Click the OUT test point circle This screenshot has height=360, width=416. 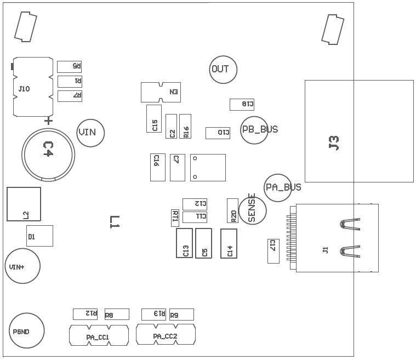(x=223, y=70)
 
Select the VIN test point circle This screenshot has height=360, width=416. (x=90, y=133)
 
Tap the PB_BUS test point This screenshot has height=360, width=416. (x=255, y=130)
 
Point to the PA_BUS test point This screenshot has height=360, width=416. (x=278, y=187)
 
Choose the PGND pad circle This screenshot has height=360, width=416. (x=26, y=331)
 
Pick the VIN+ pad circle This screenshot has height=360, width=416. (x=22, y=266)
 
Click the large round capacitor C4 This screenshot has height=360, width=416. (x=48, y=152)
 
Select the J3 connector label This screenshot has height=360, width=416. (x=334, y=143)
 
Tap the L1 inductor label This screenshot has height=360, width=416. (x=115, y=221)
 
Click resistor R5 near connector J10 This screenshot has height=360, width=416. (x=69, y=67)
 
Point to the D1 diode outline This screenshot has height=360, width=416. (x=39, y=236)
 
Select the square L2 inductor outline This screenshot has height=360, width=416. (x=24, y=204)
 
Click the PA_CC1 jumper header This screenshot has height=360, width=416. (x=99, y=335)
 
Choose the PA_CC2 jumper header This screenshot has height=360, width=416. (x=166, y=334)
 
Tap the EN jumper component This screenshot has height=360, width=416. (x=161, y=92)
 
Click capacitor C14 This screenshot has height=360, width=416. (x=229, y=243)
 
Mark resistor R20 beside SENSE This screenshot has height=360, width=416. (x=232, y=210)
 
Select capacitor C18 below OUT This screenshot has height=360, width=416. (x=242, y=104)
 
